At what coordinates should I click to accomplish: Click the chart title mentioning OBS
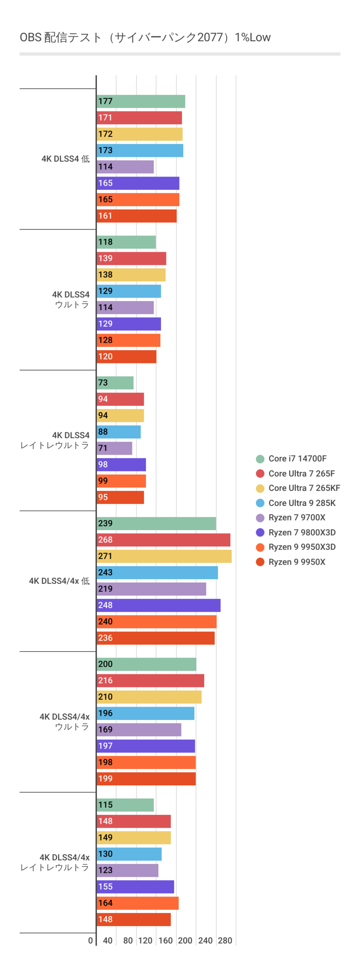145,37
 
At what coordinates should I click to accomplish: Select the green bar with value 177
141,101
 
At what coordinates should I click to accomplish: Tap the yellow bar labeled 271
164,556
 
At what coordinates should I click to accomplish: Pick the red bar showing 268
163,540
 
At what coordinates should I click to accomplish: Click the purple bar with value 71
114,448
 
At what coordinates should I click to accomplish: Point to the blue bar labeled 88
118,432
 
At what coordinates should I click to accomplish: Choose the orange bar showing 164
137,903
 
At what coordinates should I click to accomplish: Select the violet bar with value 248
158,605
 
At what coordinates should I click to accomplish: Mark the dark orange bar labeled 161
137,216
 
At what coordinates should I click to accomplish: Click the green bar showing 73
115,383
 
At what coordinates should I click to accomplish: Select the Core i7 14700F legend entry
297,459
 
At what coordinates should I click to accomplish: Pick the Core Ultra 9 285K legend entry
302,503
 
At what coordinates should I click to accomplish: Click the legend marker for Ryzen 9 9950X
260,562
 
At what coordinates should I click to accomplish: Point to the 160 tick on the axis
165,940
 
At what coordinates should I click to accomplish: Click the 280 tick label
225,940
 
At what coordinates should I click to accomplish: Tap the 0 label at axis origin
90,940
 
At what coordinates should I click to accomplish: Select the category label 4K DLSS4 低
65,159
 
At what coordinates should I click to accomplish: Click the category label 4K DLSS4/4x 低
59,581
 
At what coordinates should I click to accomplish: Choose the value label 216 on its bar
105,681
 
